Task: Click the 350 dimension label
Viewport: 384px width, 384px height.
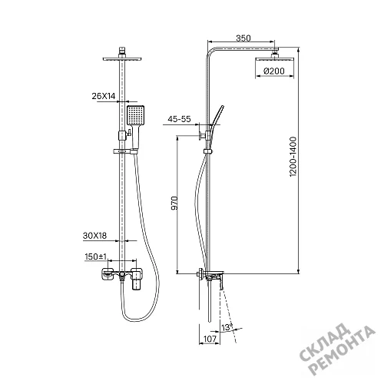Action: click(243, 38)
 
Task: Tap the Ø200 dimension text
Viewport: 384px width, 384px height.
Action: click(274, 71)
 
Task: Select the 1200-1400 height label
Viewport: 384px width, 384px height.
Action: click(293, 157)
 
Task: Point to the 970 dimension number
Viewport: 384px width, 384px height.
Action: click(174, 203)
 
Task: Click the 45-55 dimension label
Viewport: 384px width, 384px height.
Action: click(179, 119)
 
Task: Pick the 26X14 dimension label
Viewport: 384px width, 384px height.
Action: click(104, 96)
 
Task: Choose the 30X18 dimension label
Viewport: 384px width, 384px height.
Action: click(94, 236)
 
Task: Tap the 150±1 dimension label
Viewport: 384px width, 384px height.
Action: click(95, 257)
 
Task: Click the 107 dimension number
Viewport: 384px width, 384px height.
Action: click(210, 339)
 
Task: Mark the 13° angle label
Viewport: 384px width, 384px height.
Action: click(227, 327)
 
